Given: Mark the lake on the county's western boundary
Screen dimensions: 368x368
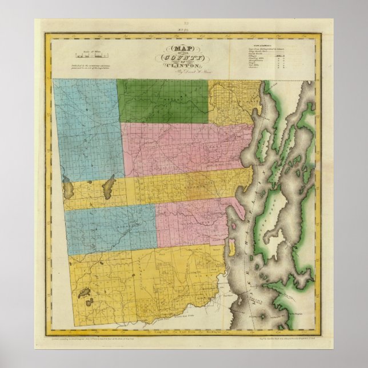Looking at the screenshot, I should click(x=68, y=187).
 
